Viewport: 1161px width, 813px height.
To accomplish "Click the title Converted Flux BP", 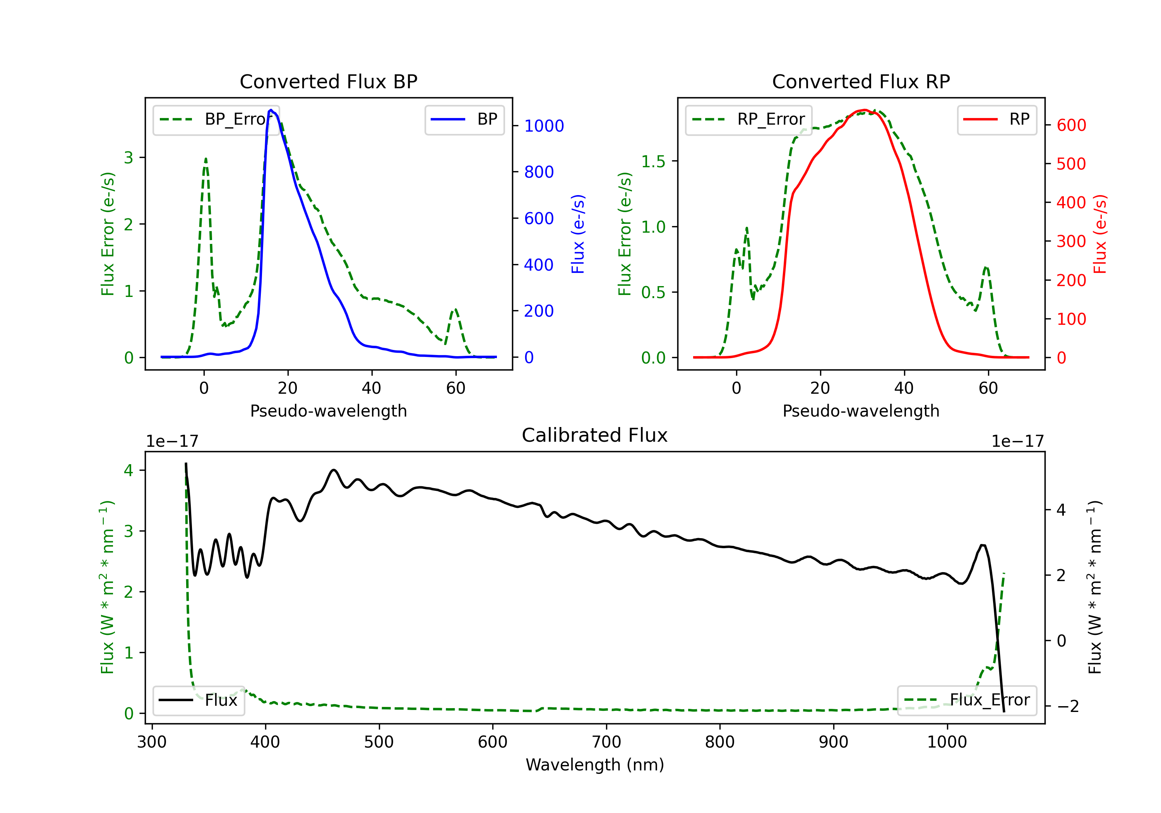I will coord(328,81).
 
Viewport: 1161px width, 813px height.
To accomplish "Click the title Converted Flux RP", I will coord(861,81).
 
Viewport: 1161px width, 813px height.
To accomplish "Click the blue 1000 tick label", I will coord(544,126).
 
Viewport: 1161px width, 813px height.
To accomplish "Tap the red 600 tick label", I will coord(1071,125).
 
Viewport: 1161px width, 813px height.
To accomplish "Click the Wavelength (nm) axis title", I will coord(595,765).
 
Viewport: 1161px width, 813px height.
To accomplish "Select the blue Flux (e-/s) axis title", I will coord(578,234).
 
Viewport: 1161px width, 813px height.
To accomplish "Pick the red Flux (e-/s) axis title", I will coord(1100,234).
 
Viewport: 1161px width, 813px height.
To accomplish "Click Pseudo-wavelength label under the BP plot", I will coord(328,411).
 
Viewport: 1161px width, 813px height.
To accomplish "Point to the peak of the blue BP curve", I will coord(271,110).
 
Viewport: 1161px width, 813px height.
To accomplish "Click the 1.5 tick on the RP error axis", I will coord(653,161).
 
